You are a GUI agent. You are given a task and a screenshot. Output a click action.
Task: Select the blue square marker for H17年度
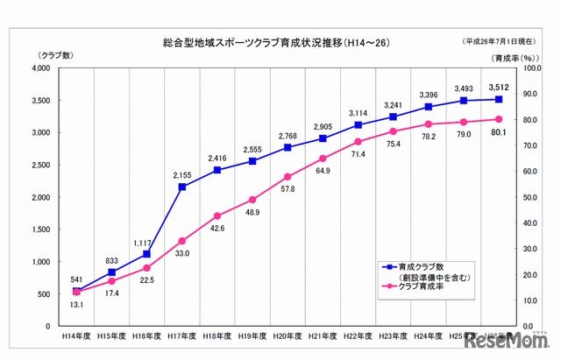(x=182, y=187)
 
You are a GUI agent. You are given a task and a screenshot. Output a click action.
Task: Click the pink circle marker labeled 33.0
(x=182, y=241)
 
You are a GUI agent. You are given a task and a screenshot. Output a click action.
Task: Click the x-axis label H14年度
(x=76, y=335)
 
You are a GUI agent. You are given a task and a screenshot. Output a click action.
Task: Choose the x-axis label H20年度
(x=288, y=335)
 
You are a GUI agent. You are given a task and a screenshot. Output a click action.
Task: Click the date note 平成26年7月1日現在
(x=508, y=42)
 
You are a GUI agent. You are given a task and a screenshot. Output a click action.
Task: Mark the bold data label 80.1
(x=499, y=133)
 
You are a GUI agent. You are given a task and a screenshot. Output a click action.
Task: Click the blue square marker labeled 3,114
(x=358, y=125)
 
